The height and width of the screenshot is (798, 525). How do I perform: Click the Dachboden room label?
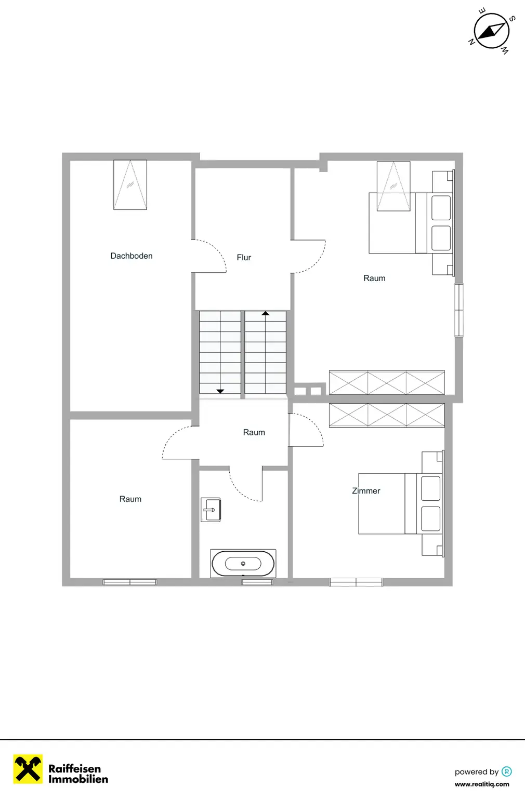[x=132, y=256]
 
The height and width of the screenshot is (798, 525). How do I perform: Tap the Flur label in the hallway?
[x=244, y=257]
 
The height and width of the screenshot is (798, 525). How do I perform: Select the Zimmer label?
[x=366, y=490]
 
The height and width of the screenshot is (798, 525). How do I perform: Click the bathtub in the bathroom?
[x=243, y=563]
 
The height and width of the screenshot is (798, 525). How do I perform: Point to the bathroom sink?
[x=211, y=510]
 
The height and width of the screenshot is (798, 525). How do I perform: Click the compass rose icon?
[x=491, y=31]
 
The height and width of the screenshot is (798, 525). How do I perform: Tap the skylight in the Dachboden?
[x=130, y=184]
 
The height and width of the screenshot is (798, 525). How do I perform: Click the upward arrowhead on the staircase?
[x=266, y=313]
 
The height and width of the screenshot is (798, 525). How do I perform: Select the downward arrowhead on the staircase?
[x=220, y=391]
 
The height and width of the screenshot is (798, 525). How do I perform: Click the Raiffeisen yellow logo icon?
[x=28, y=769]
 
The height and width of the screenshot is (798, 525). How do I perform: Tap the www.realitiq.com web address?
[x=482, y=784]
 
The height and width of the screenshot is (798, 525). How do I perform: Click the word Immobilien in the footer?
[x=78, y=779]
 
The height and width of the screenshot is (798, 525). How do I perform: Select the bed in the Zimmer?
[x=400, y=503]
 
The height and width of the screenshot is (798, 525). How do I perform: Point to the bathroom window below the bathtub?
[x=257, y=582]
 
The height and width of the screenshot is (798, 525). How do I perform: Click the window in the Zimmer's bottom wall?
[x=356, y=582]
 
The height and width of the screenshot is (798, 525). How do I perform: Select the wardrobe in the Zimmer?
[x=387, y=416]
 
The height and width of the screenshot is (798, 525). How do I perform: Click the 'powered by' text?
[x=476, y=772]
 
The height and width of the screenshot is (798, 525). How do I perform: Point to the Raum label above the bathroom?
[x=254, y=432]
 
